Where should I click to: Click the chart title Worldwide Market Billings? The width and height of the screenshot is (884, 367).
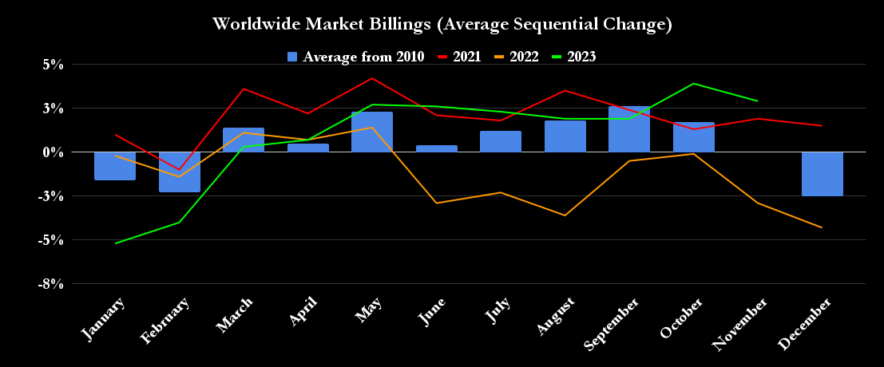(x=442, y=25)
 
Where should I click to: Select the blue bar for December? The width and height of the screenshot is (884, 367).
(x=822, y=174)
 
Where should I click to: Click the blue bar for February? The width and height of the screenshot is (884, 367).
(x=180, y=172)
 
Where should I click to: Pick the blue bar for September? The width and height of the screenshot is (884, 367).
(x=628, y=129)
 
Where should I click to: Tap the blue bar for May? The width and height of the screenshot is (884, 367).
(x=372, y=132)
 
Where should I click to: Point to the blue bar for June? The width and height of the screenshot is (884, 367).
(x=436, y=148)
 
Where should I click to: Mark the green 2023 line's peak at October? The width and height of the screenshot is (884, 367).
(x=693, y=83)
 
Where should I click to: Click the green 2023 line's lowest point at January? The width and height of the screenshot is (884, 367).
(x=116, y=243)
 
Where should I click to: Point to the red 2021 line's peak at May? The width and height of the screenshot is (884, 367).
(x=372, y=78)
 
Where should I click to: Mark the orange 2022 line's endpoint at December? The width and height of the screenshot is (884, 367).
(x=822, y=227)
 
